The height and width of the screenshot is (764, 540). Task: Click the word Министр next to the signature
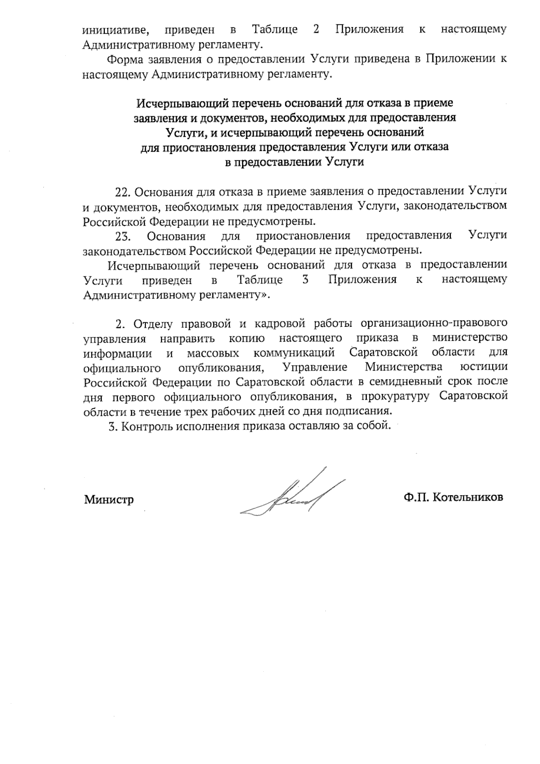pyautogui.click(x=109, y=500)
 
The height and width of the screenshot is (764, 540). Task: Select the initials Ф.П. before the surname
pyautogui.click(x=417, y=497)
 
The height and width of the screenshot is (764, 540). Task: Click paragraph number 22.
pyautogui.click(x=122, y=191)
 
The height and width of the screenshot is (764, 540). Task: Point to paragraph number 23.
pyautogui.click(x=123, y=235)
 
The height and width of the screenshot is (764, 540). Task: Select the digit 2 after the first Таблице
pyautogui.click(x=315, y=30)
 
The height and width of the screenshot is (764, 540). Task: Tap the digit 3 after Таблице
pyautogui.click(x=305, y=280)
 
